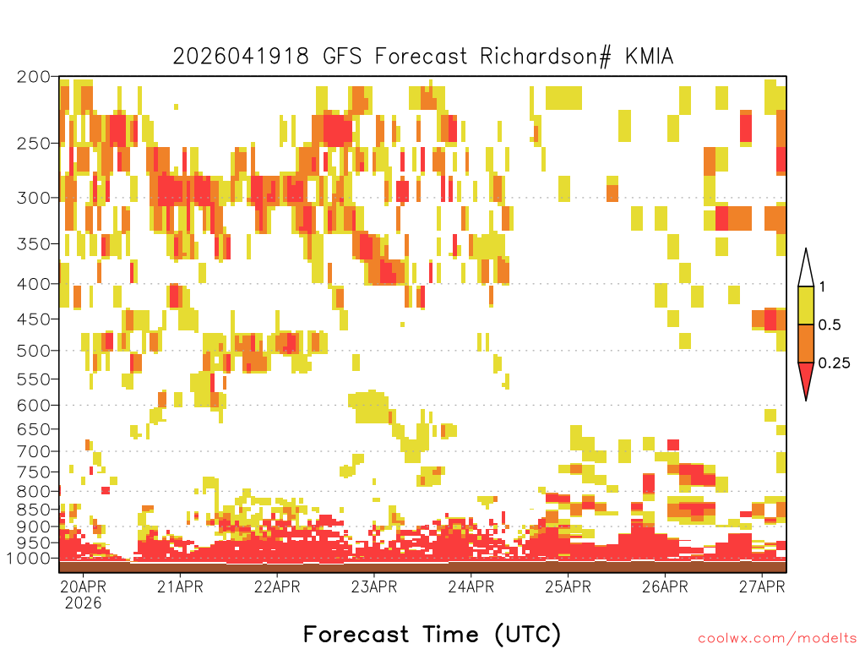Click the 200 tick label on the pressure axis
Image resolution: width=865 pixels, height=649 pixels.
[33, 77]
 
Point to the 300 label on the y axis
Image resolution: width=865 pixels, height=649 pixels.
[33, 198]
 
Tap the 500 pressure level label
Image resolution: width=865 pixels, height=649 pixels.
[33, 351]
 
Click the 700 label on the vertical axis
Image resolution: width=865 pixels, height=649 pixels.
[33, 451]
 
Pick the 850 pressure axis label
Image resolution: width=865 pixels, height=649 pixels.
[33, 510]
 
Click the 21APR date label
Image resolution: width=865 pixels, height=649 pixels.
[180, 586]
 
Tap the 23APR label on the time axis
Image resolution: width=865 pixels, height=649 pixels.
[374, 586]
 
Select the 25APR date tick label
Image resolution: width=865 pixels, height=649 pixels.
[569, 586]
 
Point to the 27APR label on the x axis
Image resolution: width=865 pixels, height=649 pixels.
[762, 586]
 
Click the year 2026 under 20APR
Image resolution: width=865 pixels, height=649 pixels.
[84, 603]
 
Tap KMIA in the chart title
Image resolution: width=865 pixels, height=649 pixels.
[650, 57]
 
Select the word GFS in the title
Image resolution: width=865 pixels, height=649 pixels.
[342, 57]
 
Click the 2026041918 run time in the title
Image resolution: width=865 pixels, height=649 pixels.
[241, 57]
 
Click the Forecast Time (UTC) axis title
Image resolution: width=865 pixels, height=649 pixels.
[432, 634]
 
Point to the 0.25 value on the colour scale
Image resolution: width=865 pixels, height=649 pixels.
[834, 363]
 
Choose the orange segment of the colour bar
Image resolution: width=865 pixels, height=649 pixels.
[806, 343]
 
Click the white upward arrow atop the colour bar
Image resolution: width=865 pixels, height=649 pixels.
[806, 268]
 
